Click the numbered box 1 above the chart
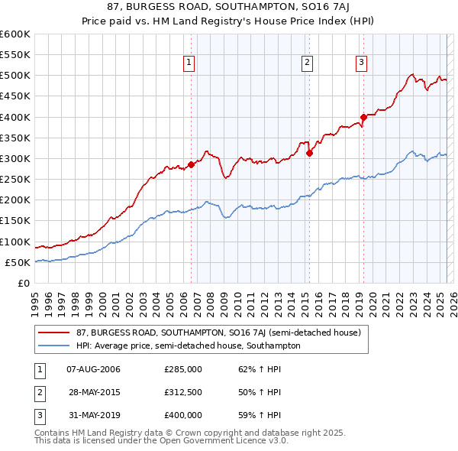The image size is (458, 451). coord(189,63)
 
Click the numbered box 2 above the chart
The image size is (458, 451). coord(306,63)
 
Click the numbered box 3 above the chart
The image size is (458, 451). coord(360,63)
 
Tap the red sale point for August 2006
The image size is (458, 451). coord(192,164)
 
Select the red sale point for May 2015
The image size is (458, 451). coord(310,153)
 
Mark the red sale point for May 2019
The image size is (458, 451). coord(364,117)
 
